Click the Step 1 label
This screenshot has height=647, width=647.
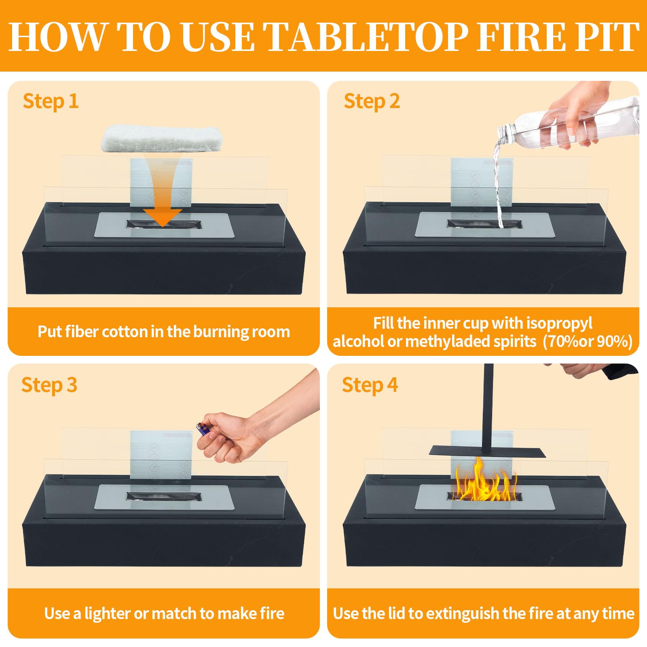point(51,101)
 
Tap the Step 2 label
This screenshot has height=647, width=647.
point(372,101)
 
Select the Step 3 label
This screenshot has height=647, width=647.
point(49,385)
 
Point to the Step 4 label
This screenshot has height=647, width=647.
point(370,385)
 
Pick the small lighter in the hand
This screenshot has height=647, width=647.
point(203,429)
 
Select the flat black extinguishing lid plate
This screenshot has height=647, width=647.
point(487,451)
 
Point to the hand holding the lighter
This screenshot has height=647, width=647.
point(251,429)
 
